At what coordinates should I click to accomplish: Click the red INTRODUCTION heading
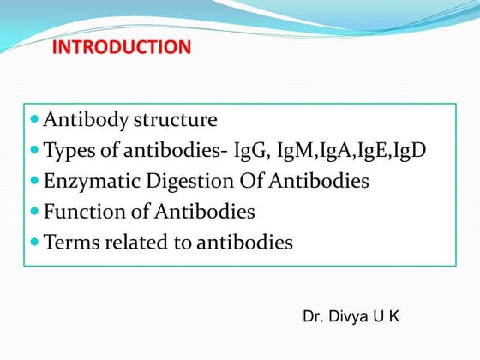click(122, 46)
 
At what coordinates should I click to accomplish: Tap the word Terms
click(69, 243)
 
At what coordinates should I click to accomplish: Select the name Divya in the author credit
click(351, 317)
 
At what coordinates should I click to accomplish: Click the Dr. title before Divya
click(314, 317)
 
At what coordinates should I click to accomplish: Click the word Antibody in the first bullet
click(86, 120)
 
